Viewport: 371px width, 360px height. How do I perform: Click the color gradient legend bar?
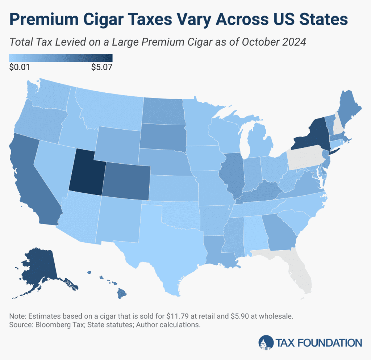(x=61, y=58)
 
